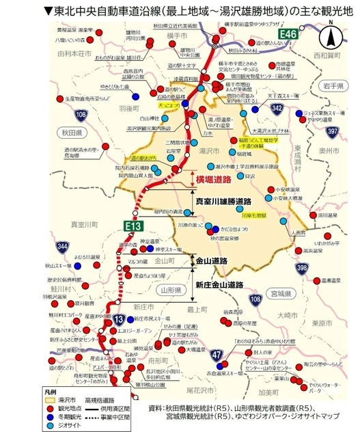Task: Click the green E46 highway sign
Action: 288,33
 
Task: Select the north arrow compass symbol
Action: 330,36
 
